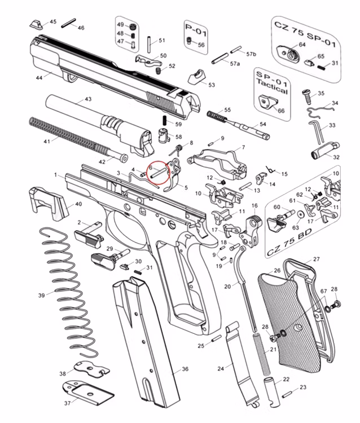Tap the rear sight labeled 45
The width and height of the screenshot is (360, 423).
tap(37, 24)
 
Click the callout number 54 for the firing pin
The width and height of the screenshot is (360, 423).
tap(262, 124)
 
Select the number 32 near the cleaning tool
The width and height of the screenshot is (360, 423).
tap(336, 157)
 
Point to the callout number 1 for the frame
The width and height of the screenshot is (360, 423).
tap(56, 175)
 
